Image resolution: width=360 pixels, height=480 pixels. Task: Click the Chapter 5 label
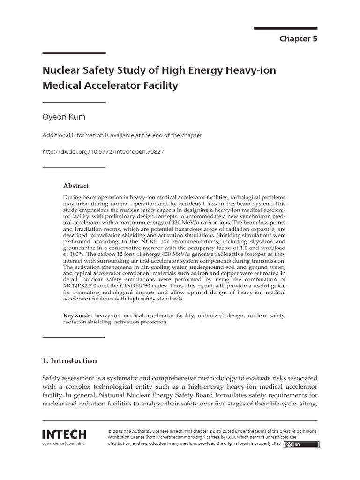pyautogui.click(x=298, y=39)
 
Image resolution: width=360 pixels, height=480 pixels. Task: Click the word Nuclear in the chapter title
pyautogui.click(x=60, y=70)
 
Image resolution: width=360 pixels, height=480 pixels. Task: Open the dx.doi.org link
pyautogui.click(x=103, y=152)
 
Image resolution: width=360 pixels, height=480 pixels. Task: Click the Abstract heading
pyautogui.click(x=76, y=186)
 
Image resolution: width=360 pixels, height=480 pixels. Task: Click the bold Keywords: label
pyautogui.click(x=78, y=316)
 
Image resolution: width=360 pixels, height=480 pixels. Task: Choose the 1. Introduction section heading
pyautogui.click(x=70, y=361)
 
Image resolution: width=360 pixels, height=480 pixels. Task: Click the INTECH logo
pyautogui.click(x=64, y=435)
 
